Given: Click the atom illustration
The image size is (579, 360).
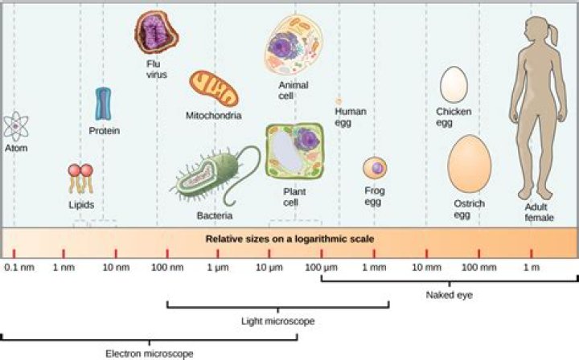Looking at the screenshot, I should click(x=15, y=126).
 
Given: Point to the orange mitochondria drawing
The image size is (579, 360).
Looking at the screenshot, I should click(x=214, y=89).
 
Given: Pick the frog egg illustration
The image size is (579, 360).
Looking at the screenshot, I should click(x=374, y=168).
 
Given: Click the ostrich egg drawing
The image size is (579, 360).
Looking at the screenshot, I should click(x=469, y=164).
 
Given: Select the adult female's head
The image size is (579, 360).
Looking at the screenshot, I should click(x=536, y=31).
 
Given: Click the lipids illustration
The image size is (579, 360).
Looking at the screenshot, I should click(x=80, y=178).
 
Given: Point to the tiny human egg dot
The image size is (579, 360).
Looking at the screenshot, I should click(x=339, y=101).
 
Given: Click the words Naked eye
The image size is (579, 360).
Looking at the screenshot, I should click(x=449, y=295).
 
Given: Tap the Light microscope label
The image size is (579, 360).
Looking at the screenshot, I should click(x=277, y=321).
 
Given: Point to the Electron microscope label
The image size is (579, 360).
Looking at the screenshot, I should click(x=150, y=353).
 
